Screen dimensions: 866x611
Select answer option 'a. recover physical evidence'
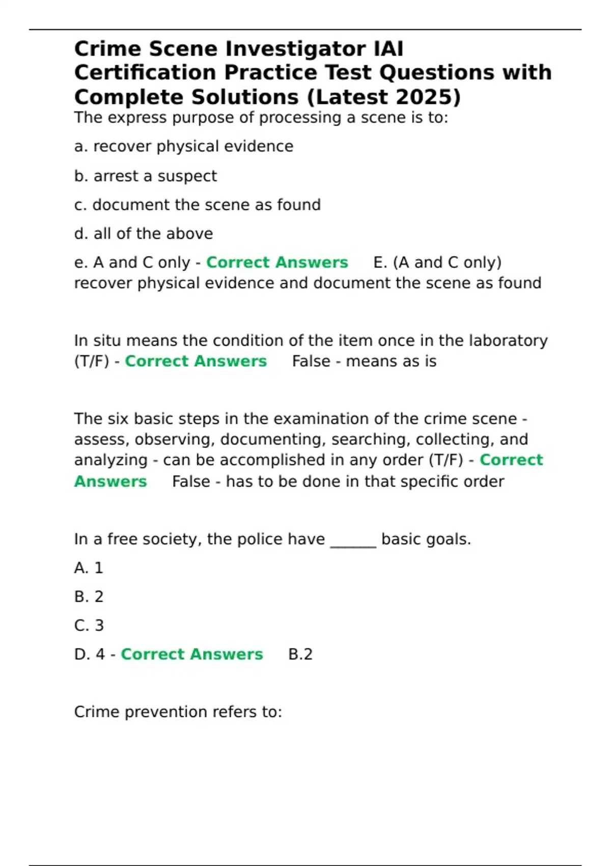pos(183,147)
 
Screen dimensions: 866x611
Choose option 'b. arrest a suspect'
pos(145,176)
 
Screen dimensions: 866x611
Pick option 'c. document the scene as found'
pos(197,205)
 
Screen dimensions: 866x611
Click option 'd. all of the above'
pos(143,234)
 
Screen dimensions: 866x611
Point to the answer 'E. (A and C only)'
pos(437,262)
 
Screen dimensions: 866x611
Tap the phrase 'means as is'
pos(391,361)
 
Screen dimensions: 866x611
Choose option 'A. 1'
pos(89,568)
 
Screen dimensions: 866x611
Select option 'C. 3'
pos(89,626)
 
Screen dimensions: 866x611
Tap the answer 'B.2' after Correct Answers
pos(300,654)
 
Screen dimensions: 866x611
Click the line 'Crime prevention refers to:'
pos(178,712)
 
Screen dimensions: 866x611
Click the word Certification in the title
pos(145,73)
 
